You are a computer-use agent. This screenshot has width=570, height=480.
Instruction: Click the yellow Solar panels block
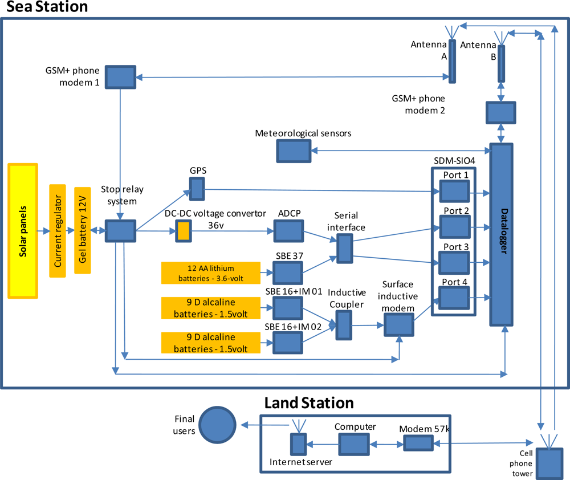click(x=23, y=231)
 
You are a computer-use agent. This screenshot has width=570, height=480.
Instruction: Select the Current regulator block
click(x=58, y=231)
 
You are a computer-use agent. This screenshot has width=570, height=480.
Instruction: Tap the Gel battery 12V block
click(x=83, y=230)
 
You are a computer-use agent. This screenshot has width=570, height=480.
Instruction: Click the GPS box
click(x=197, y=189)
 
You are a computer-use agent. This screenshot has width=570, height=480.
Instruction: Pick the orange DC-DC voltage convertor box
click(x=184, y=231)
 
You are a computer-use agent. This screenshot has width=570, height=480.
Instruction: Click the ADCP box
click(x=288, y=231)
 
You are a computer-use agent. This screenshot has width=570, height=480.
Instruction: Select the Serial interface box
click(x=345, y=249)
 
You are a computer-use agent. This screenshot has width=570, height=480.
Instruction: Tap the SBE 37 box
click(x=287, y=273)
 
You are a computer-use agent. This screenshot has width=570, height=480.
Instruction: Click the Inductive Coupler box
click(x=344, y=326)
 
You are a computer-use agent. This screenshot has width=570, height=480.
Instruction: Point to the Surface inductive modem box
click(x=399, y=325)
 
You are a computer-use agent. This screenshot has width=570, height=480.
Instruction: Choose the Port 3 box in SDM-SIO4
click(x=454, y=263)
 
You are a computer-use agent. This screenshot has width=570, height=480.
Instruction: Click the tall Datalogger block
click(x=501, y=234)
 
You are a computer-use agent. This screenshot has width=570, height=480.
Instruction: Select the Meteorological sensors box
click(x=294, y=151)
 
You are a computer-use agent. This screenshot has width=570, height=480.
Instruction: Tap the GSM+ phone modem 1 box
click(x=121, y=77)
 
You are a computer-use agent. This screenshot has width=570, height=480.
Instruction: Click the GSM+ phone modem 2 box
click(x=501, y=113)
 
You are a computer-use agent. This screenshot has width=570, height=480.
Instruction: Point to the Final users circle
click(x=217, y=425)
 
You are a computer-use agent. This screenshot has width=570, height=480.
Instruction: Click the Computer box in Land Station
click(x=354, y=444)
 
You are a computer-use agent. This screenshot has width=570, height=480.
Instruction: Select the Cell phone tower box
click(x=550, y=464)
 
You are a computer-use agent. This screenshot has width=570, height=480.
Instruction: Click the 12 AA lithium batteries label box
click(x=211, y=273)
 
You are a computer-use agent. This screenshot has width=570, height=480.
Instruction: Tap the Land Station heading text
click(x=309, y=403)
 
